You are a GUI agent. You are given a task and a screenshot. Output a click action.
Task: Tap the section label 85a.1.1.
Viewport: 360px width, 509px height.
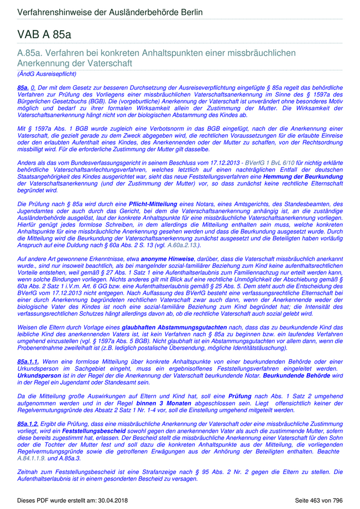tap(28, 362)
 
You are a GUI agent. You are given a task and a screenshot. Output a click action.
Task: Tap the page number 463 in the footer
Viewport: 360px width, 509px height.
tap(318, 500)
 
